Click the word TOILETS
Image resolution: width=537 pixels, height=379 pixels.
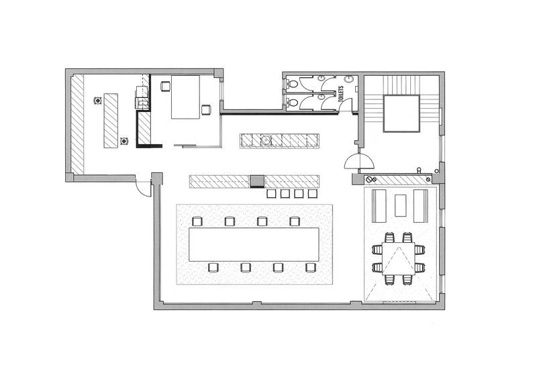coord(341,93)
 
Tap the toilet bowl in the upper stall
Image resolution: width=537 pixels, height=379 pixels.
coord(292,83)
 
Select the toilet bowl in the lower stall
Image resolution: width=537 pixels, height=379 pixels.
coord(292,102)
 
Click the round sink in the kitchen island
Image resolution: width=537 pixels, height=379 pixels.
coord(266,140)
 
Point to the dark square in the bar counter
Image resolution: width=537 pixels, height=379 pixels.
coord(257,180)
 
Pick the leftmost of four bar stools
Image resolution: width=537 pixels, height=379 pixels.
coord(271,194)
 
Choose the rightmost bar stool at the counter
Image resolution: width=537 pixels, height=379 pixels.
coord(312,194)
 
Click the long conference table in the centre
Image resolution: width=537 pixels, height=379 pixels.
coord(254,244)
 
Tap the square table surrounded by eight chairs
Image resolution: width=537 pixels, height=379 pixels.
coord(399,258)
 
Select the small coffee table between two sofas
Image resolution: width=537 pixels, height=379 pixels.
coord(400,205)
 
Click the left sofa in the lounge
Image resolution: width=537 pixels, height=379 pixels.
coord(379,205)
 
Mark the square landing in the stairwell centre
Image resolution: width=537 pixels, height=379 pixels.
coord(401,113)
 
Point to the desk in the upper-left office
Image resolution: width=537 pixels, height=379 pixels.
coord(185,97)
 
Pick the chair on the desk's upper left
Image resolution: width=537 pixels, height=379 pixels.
coord(165,87)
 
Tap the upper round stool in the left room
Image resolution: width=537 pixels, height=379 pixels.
coord(98,101)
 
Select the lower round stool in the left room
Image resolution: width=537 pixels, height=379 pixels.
coord(124,141)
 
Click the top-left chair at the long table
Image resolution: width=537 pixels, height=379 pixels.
coord(197,221)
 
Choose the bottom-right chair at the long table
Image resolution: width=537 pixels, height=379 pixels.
coord(311,268)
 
